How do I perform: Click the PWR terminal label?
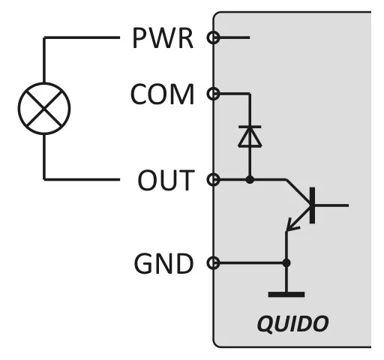point(163,37)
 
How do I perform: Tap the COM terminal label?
point(162,94)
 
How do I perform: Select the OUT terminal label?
point(166,180)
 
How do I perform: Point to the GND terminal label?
point(163,263)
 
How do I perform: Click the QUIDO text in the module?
point(292,324)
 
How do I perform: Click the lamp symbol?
point(44,109)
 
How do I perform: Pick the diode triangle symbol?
point(250,137)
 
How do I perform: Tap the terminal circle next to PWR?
point(214,37)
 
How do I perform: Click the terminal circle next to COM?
point(214,94)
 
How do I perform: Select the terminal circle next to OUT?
point(214,179)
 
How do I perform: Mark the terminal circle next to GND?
point(214,262)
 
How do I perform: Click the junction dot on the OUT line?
point(250,179)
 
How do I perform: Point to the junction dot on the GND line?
point(286,262)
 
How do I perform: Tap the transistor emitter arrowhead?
point(291,225)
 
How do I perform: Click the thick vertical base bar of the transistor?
point(312,205)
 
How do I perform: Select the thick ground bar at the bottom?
point(286,295)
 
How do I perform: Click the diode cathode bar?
point(250,127)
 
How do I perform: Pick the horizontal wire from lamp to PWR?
point(82,37)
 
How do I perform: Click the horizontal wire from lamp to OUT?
point(82,179)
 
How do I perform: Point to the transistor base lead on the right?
point(331,205)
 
